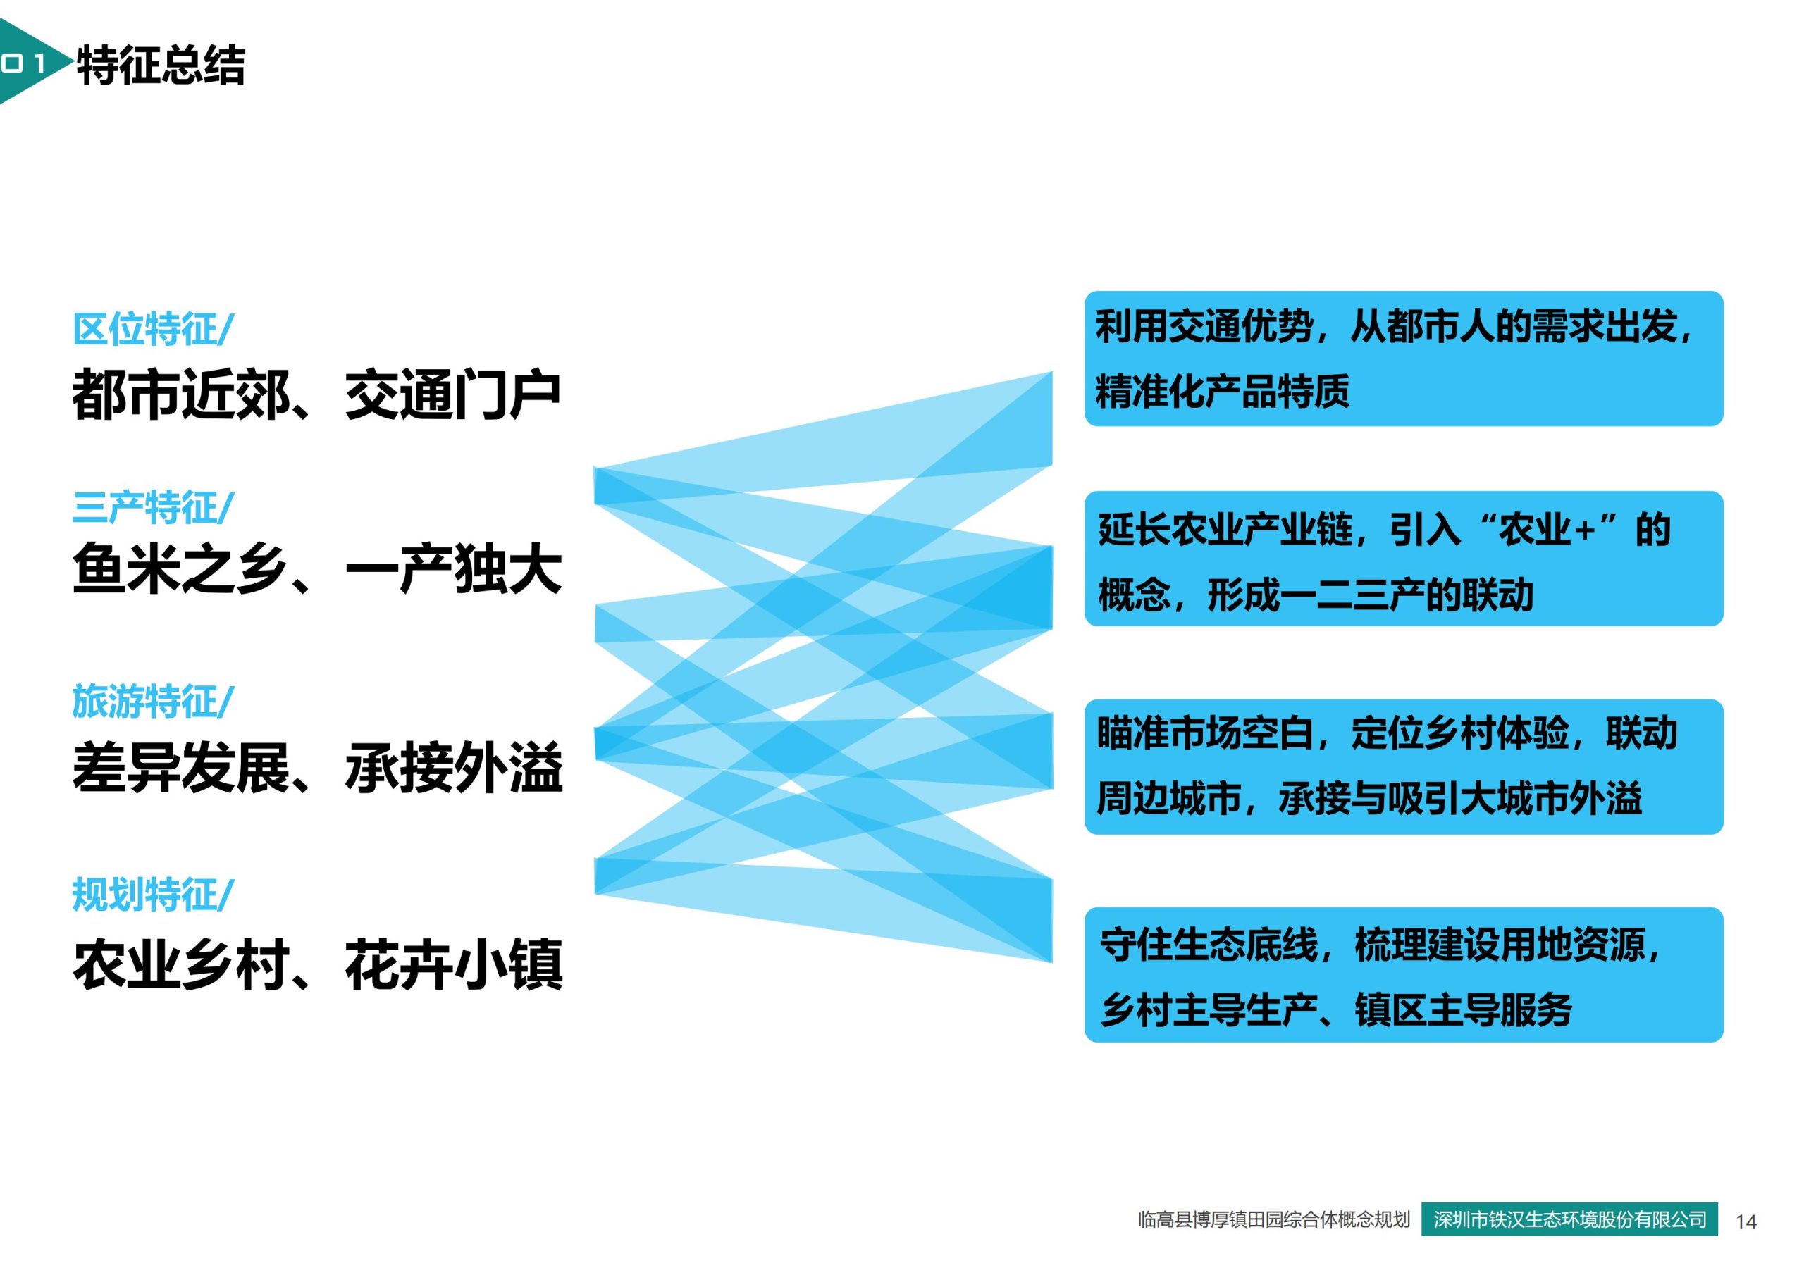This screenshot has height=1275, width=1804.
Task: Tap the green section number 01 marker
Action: point(23,63)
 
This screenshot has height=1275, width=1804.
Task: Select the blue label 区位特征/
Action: point(152,329)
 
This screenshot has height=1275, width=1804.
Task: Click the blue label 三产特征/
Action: point(152,507)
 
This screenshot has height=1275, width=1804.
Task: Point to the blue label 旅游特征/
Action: point(152,701)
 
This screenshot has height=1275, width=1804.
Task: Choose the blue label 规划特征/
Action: point(152,894)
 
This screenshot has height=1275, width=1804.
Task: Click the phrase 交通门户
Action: point(452,394)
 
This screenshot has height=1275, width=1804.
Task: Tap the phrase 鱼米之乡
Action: point(180,570)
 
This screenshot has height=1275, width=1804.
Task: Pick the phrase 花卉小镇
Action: point(453,966)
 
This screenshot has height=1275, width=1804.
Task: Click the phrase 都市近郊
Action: point(180,394)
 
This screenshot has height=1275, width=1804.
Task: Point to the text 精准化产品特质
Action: point(1222,391)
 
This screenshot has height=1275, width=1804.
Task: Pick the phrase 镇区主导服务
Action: point(1463,1009)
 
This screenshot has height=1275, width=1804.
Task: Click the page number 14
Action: point(1746,1221)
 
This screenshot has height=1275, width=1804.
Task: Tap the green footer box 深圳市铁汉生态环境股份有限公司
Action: point(1570,1219)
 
